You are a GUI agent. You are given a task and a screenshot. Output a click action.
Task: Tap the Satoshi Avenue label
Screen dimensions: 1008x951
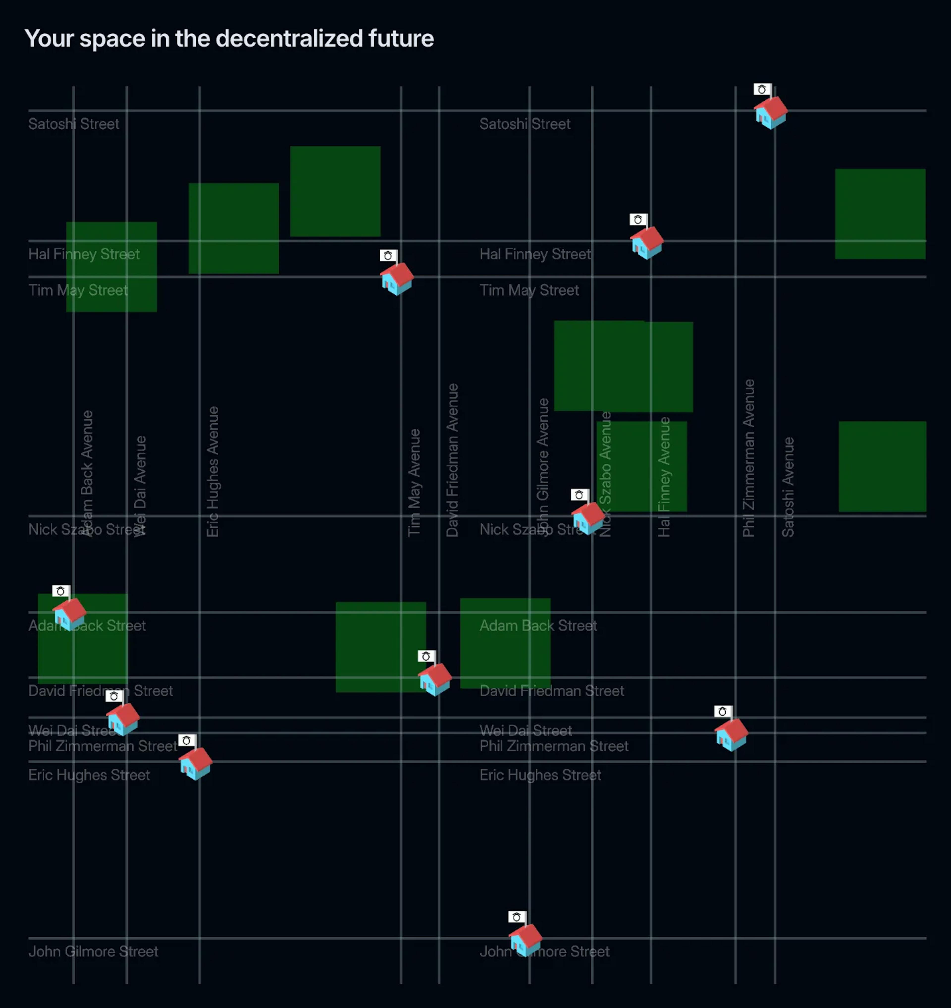coord(788,487)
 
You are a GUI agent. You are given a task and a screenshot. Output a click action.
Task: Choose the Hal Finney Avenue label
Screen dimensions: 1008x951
coord(664,477)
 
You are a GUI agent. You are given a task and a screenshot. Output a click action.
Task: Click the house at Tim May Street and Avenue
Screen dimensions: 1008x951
coord(397,278)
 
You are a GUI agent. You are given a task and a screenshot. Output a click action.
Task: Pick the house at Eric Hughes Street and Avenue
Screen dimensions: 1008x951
coord(196,763)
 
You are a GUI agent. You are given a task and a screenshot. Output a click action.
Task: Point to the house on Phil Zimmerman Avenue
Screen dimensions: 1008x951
coord(731,734)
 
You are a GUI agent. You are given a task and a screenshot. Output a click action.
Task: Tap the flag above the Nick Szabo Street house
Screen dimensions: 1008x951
coord(579,495)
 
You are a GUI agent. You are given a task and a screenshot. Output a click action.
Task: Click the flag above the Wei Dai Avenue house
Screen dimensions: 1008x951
coord(114,696)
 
